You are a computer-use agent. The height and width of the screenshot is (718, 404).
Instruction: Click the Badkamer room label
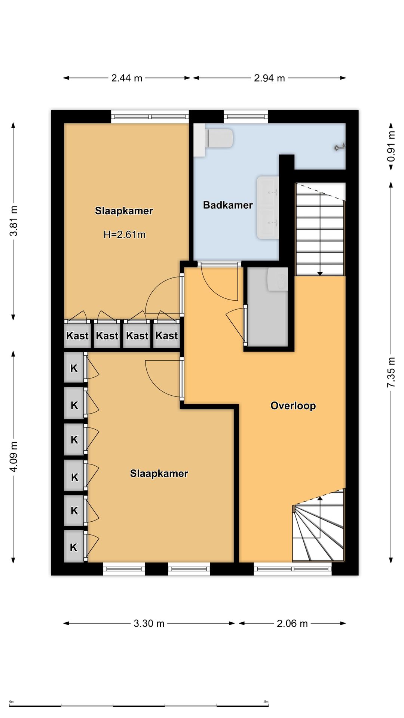click(228, 205)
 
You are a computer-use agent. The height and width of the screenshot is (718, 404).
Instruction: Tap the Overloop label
click(293, 406)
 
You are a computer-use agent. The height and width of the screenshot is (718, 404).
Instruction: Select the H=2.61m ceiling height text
click(124, 234)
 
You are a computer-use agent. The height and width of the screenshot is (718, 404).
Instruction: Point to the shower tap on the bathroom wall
click(340, 147)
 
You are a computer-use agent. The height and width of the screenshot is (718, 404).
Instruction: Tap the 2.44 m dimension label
click(127, 78)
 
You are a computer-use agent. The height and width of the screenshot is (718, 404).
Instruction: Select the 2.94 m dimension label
click(269, 78)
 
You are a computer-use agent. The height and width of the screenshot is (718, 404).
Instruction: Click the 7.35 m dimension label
click(391, 372)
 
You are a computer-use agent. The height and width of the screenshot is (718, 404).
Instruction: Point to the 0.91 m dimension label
click(391, 146)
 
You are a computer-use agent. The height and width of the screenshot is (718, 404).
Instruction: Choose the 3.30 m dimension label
click(149, 623)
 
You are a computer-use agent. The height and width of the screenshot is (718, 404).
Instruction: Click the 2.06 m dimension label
click(292, 623)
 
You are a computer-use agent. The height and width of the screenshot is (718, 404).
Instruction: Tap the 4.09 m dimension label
click(13, 457)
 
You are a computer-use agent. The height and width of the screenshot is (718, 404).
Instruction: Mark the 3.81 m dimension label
click(13, 221)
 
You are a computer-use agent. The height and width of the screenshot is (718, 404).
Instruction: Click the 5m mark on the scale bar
click(266, 702)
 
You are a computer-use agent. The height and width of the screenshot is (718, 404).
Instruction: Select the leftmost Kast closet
click(77, 335)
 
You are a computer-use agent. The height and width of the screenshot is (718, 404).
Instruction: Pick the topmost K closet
click(74, 368)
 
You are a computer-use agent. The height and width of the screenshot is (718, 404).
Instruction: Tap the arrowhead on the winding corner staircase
click(320, 499)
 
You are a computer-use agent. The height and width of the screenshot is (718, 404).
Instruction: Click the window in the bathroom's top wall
click(246, 117)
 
